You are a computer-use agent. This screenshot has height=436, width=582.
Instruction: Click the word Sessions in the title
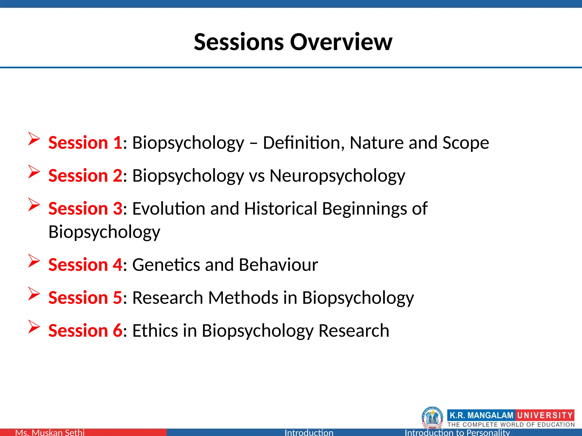[x=239, y=42]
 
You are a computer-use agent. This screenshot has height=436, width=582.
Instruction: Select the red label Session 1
[x=85, y=142]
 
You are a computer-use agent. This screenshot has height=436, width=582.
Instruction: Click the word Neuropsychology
[x=337, y=176]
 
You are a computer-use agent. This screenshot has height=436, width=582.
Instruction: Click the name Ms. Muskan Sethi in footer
[x=50, y=432]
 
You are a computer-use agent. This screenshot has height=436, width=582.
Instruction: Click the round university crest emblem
[x=432, y=417]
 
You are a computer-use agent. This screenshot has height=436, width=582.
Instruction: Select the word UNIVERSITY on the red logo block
[x=544, y=415]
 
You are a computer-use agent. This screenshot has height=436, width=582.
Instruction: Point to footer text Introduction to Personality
[x=457, y=432]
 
